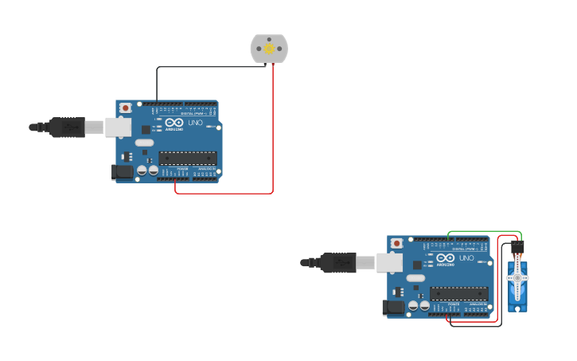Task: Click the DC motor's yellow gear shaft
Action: click(x=269, y=49)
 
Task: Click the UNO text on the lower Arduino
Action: click(x=466, y=258)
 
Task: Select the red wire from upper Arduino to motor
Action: click(x=273, y=135)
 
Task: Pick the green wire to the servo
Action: click(x=485, y=232)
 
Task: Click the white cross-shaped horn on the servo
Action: click(x=518, y=277)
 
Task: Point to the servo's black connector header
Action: click(x=518, y=249)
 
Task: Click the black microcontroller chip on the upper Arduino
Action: click(x=188, y=156)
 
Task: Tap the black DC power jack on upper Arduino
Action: click(x=122, y=171)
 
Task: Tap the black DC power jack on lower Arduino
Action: click(x=393, y=307)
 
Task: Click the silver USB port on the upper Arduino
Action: click(x=119, y=127)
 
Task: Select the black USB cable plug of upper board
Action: click(x=67, y=127)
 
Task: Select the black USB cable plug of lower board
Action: click(x=338, y=261)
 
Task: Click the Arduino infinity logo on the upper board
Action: click(x=174, y=124)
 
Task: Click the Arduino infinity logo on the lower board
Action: click(x=446, y=258)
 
